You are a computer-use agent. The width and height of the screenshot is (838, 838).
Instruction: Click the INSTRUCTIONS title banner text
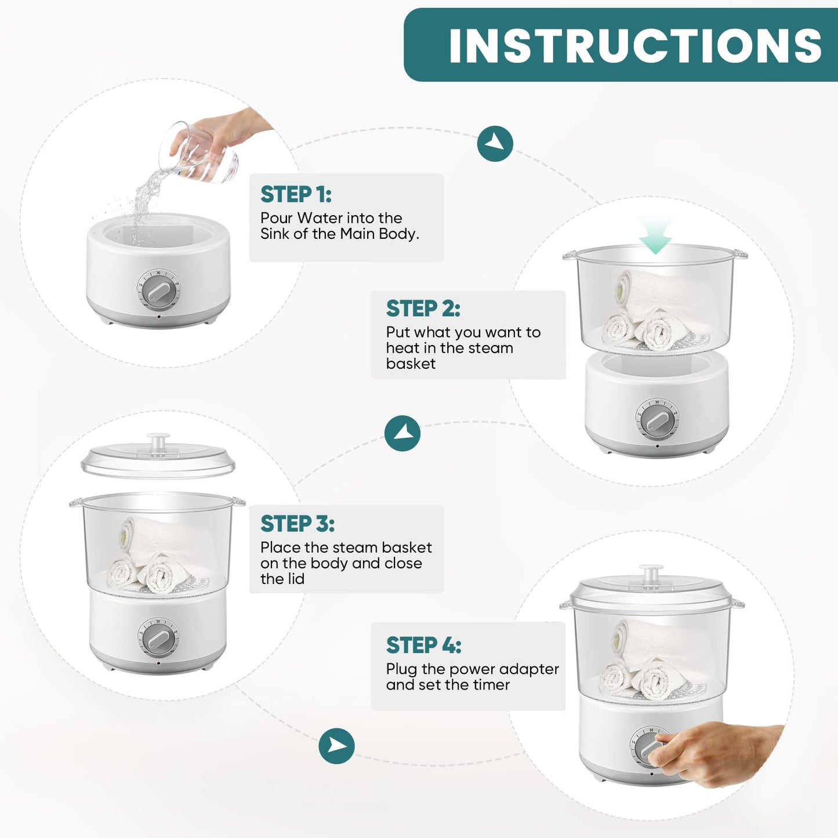point(636,46)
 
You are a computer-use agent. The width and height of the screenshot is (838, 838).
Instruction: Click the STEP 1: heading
point(296,194)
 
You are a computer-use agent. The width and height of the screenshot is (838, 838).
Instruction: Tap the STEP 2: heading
point(423,309)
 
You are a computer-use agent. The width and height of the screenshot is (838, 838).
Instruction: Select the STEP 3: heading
point(298,524)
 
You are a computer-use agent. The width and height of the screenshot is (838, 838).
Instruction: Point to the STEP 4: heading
point(423,645)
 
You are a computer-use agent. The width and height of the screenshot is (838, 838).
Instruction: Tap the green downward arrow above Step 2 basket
point(656,235)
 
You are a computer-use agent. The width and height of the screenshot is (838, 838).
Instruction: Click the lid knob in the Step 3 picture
point(158,440)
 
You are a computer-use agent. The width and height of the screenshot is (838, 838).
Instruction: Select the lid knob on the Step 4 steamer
point(651,573)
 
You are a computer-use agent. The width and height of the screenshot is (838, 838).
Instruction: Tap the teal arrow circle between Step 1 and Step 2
point(495,144)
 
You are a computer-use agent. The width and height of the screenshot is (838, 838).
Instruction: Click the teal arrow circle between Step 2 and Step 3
point(402,434)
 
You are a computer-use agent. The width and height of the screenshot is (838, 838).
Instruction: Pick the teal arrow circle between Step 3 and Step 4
point(336,746)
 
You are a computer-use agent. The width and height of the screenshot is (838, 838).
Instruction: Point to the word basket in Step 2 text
point(411,364)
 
